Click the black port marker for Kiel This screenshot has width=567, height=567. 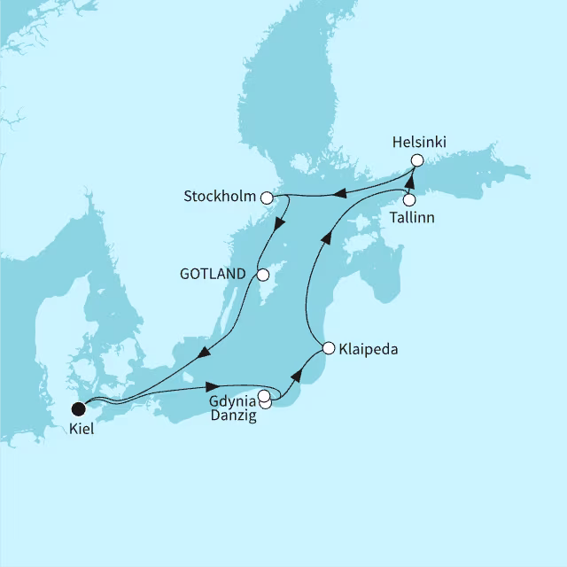(79, 408)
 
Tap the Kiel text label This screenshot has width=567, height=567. (81, 429)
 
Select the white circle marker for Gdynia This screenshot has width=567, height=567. (263, 395)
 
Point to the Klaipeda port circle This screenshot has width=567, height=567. (329, 348)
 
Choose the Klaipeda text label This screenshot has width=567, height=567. (368, 349)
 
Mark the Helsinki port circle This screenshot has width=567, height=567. (417, 160)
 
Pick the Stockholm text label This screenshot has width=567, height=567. (220, 196)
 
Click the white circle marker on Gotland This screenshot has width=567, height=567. (262, 275)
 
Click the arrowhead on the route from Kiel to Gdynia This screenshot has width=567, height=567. (212, 386)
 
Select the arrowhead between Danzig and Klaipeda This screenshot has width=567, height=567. (297, 376)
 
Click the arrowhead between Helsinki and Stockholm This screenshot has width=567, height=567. (338, 192)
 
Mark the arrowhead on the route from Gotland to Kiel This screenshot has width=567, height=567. (203, 355)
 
